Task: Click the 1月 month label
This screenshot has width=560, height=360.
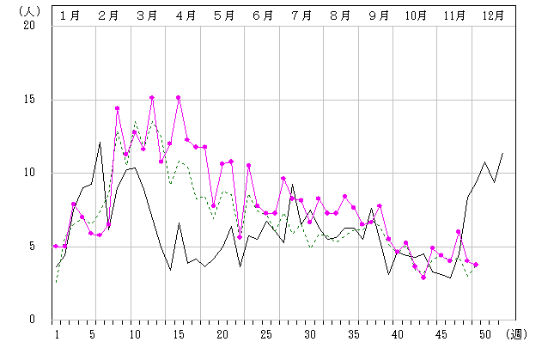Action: click(71, 15)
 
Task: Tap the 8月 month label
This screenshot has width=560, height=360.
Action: click(340, 15)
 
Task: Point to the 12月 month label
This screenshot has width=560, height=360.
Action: click(494, 15)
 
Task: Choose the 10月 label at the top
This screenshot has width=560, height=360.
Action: click(417, 15)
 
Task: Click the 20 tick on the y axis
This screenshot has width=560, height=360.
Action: click(30, 26)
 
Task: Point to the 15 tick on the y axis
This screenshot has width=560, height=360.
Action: click(30, 100)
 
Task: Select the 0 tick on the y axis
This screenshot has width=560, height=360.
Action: click(33, 320)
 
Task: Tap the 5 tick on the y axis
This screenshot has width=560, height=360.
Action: click(33, 247)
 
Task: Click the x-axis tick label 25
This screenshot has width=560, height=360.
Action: click(266, 333)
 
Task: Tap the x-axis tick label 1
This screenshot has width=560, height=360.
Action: click(56, 333)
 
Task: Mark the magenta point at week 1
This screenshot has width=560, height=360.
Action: click(56, 246)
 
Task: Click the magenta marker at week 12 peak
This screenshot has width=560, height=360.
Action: click(152, 98)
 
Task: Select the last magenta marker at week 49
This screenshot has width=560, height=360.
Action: click(476, 265)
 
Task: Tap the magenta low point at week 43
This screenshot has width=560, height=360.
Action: click(423, 277)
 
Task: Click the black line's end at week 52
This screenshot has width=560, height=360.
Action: click(502, 153)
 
